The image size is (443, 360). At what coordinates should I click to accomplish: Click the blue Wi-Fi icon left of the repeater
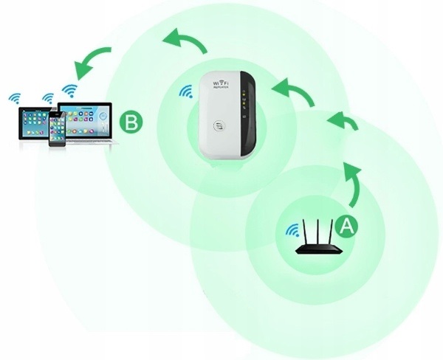pyautogui.click(x=185, y=93)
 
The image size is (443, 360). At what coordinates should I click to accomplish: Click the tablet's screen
pyautogui.click(x=28, y=122)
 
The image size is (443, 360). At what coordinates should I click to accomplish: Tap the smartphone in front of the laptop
pyautogui.click(x=57, y=129)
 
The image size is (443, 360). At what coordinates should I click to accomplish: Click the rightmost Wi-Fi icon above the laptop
pyautogui.click(x=69, y=91)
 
